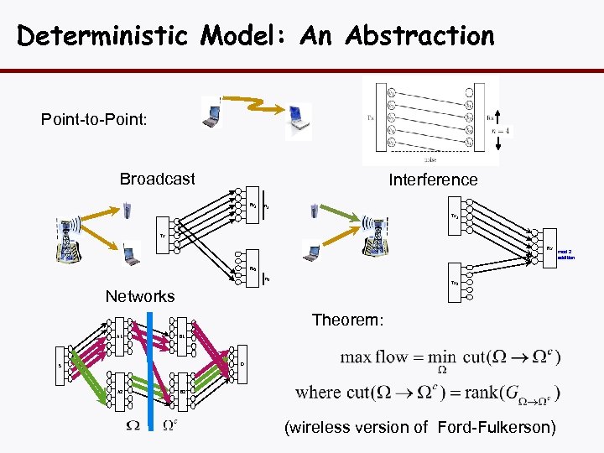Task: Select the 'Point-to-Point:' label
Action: [x=94, y=120]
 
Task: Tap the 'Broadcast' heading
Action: [x=157, y=179]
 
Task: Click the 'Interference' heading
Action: [x=433, y=180]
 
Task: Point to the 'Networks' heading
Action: [x=140, y=296]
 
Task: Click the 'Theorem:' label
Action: [x=347, y=320]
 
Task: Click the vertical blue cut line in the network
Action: [x=148, y=369]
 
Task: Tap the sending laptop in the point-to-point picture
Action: [x=212, y=112]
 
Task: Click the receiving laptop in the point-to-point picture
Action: [x=297, y=119]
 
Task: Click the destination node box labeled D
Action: [x=242, y=363]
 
